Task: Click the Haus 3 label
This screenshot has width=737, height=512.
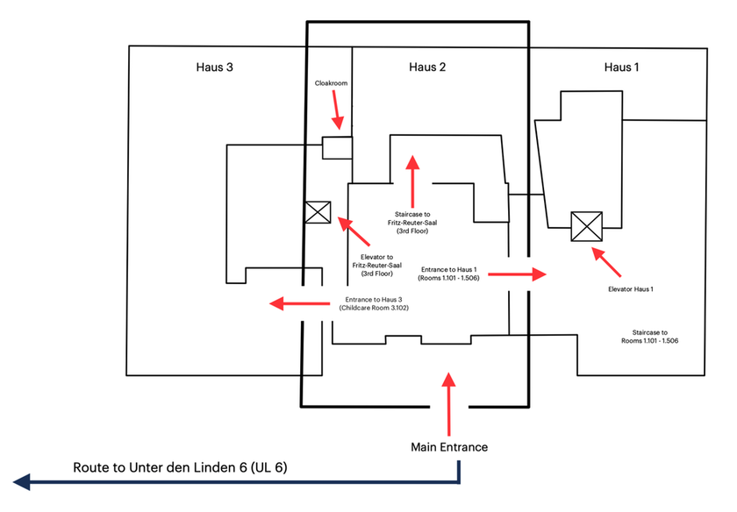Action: pyautogui.click(x=214, y=68)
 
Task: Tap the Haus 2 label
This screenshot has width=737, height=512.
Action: pyautogui.click(x=426, y=68)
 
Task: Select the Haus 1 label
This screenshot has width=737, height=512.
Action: pyautogui.click(x=621, y=68)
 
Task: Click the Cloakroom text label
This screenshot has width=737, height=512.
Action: pyautogui.click(x=331, y=83)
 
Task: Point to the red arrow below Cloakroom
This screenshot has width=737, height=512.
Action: pyautogui.click(x=337, y=110)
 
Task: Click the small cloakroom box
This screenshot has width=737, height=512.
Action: pyautogui.click(x=337, y=147)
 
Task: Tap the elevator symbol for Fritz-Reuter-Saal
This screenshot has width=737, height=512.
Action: pyautogui.click(x=318, y=212)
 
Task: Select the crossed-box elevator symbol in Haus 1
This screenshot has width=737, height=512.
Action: pyautogui.click(x=587, y=226)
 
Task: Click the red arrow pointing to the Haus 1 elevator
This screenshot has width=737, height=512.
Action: pyautogui.click(x=606, y=261)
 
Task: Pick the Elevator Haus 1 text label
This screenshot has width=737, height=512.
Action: pyautogui.click(x=630, y=289)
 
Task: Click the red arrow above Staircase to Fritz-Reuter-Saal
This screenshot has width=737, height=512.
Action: pyautogui.click(x=412, y=181)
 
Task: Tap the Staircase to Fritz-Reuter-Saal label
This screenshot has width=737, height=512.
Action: pyautogui.click(x=412, y=223)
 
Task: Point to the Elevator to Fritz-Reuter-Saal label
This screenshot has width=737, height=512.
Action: pyautogui.click(x=377, y=266)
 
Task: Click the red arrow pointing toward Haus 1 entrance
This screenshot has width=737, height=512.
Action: pyautogui.click(x=517, y=274)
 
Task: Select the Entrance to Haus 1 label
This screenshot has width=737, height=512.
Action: pyautogui.click(x=449, y=274)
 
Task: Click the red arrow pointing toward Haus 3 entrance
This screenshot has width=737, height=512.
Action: pyautogui.click(x=299, y=303)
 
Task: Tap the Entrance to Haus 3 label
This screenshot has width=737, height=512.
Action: pyautogui.click(x=374, y=304)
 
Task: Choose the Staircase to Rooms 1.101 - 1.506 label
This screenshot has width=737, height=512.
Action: pyautogui.click(x=649, y=337)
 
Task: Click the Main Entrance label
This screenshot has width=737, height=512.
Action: pyautogui.click(x=449, y=447)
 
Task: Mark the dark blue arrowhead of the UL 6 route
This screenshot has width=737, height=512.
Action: pyautogui.click(x=22, y=482)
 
